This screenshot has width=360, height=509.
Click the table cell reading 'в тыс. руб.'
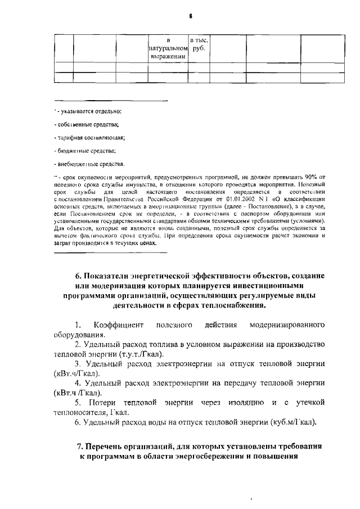[x=199, y=44]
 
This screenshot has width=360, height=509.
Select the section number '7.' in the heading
[x=80, y=447]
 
